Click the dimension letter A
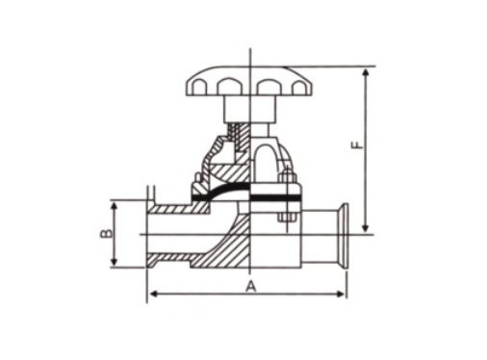pyautogui.click(x=251, y=286)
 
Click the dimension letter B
pyautogui.click(x=107, y=233)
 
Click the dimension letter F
pyautogui.click(x=357, y=144)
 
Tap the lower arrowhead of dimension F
pyautogui.click(x=365, y=228)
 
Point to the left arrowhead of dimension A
pyautogui.click(x=154, y=294)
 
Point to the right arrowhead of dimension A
pyautogui.click(x=340, y=294)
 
